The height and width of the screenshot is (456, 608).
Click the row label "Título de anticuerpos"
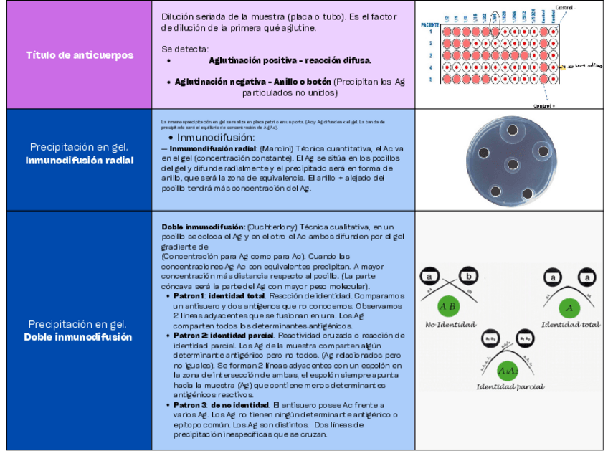pyautogui.click(x=79, y=55)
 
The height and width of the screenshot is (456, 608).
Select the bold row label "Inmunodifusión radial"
pyautogui.click(x=79, y=161)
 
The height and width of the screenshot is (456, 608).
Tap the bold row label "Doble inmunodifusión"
pyautogui.click(x=79, y=337)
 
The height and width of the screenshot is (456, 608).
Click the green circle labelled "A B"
pyautogui.click(x=449, y=308)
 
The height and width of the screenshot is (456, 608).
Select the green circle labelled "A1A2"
pyautogui.click(x=508, y=371)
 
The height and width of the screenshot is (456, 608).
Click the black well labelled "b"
pyautogui.click(x=469, y=276)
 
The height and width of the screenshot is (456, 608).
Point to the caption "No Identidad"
pyautogui.click(x=450, y=325)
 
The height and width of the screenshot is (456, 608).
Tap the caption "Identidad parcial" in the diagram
pyautogui.click(x=510, y=386)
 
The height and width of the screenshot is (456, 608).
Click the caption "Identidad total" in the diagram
pyautogui.click(x=570, y=324)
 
